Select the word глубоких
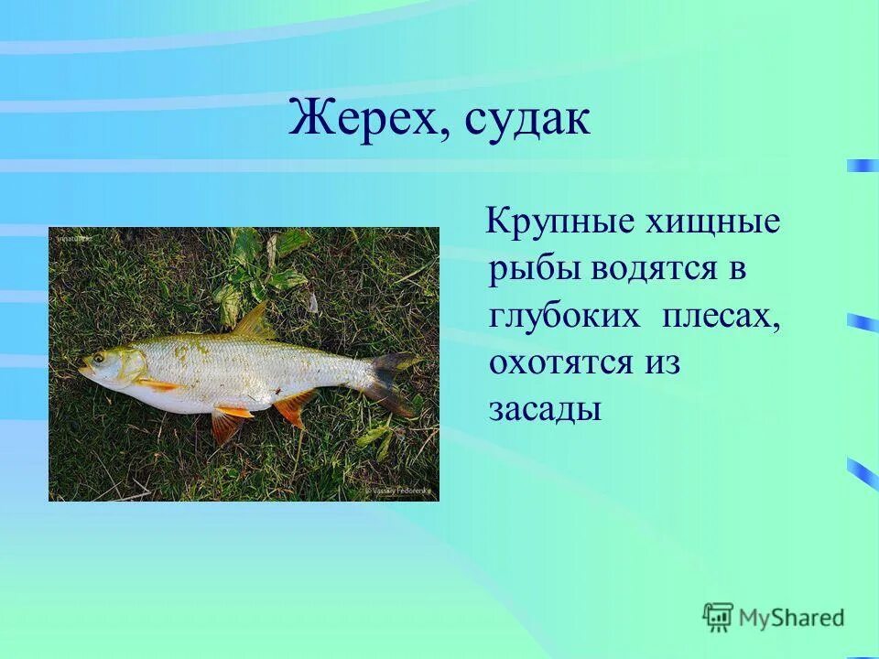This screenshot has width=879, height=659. click(564, 316)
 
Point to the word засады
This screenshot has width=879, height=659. click(544, 409)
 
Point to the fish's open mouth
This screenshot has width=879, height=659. click(83, 371)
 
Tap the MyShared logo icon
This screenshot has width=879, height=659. click(718, 618)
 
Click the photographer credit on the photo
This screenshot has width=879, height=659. click(399, 492)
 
